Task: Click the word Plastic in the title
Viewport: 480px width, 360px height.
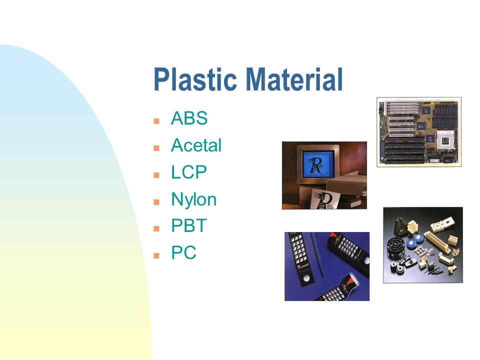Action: [x=195, y=79]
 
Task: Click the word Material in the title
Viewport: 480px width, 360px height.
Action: [x=294, y=79]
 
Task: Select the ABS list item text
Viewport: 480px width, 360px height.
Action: [x=189, y=118]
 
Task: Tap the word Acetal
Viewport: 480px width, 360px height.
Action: [x=196, y=145]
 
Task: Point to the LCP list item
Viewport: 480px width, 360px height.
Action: [x=189, y=172]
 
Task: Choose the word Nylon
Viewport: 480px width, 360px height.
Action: [x=194, y=199]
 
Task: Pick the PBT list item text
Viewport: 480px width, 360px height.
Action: [x=189, y=226]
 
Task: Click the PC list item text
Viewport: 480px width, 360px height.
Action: [x=183, y=253]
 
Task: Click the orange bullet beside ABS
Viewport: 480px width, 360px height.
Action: [x=156, y=121]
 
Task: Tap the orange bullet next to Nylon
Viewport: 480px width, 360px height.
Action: [x=156, y=202]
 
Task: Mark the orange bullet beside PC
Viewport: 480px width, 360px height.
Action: [x=156, y=256]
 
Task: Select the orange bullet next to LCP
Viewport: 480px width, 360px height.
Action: [x=156, y=175]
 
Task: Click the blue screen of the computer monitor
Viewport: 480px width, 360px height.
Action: [x=317, y=164]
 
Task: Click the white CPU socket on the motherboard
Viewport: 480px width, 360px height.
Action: [x=445, y=141]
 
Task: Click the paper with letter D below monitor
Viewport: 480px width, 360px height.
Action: [x=325, y=199]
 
